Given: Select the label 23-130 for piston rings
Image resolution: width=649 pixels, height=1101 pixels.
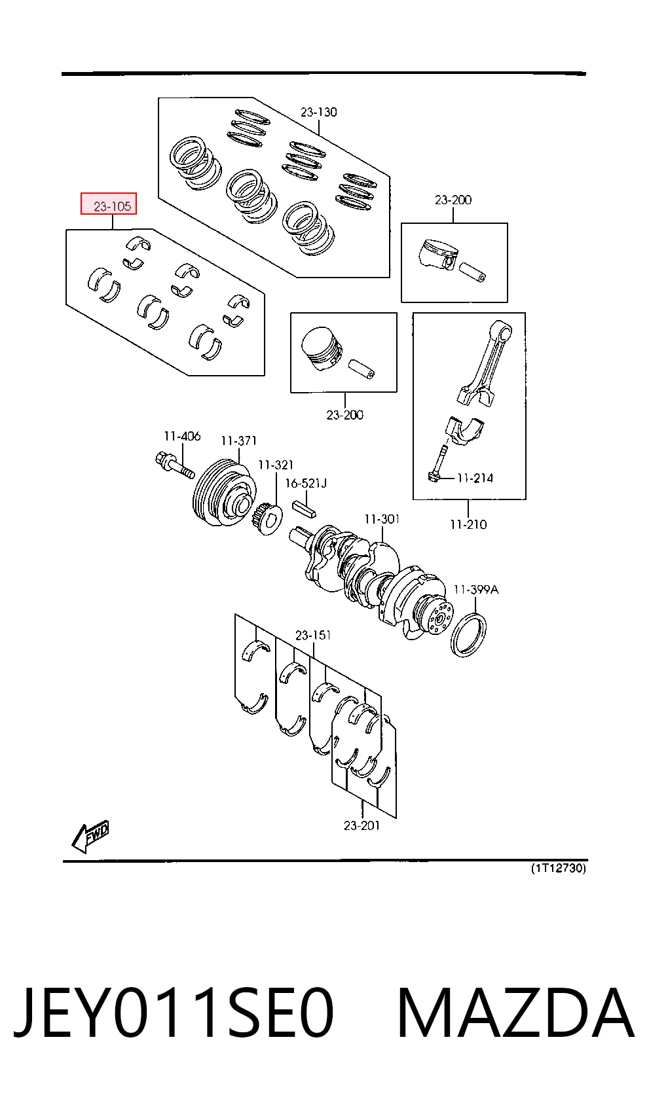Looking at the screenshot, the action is [318, 112].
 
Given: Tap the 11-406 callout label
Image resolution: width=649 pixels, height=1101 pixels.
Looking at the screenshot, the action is [182, 436].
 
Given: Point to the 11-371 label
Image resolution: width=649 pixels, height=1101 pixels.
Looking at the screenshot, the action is [238, 441].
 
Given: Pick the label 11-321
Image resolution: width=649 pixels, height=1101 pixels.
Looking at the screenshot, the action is [275, 465].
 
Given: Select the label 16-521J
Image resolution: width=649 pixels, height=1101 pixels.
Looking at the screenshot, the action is [305, 483].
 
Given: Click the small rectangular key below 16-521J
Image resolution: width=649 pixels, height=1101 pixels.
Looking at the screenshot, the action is [305, 508].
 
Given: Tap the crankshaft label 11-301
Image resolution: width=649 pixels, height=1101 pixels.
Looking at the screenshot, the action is [382, 519].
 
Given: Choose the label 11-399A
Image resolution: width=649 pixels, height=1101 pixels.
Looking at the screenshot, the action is [475, 589].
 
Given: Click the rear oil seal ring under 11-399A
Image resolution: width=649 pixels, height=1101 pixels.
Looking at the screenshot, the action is [468, 635].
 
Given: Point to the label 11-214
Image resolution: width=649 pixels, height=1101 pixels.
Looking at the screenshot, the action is [475, 478].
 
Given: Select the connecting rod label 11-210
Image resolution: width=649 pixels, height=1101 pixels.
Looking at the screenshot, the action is [468, 524].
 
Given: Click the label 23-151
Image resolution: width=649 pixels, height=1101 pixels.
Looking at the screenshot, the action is [312, 635].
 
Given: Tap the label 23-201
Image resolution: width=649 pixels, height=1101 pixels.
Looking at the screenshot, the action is [362, 826].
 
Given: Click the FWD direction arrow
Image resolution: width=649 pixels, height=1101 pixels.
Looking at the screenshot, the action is [90, 836].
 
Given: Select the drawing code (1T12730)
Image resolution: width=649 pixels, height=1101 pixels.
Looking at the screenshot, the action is [559, 868].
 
